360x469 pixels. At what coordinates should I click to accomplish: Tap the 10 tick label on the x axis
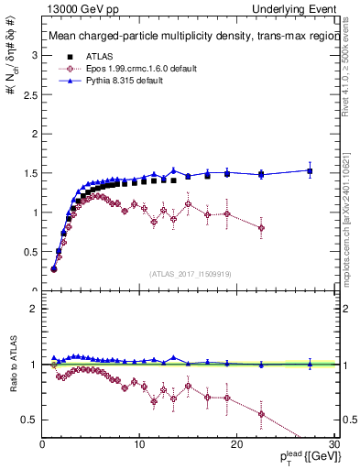click(139, 444)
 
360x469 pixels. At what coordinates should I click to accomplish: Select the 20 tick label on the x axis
click(236, 444)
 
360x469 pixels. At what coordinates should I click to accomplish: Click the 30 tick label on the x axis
click(333, 444)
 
